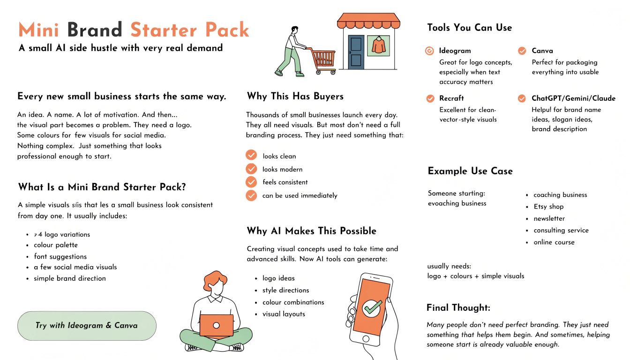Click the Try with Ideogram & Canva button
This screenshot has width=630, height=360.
[87, 326]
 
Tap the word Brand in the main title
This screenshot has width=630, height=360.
[95, 30]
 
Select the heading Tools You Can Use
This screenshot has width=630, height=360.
[469, 28]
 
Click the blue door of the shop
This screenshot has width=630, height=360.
[356, 52]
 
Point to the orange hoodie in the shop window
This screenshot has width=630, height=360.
[379, 45]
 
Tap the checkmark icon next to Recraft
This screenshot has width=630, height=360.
[430, 98]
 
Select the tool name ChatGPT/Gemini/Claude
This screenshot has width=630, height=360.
[573, 98]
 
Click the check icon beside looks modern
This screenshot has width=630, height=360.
[251, 169]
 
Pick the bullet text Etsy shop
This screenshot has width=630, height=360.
[548, 207]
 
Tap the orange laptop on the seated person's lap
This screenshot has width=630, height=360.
[216, 325]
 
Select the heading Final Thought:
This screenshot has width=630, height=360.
[458, 307]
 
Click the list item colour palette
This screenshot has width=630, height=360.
[56, 245]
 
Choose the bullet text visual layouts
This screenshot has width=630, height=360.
[284, 314]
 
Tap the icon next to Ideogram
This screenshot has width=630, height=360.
[429, 51]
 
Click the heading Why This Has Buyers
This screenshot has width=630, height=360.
[295, 97]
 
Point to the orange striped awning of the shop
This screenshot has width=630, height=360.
[368, 21]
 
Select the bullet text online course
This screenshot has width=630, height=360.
[554, 242]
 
